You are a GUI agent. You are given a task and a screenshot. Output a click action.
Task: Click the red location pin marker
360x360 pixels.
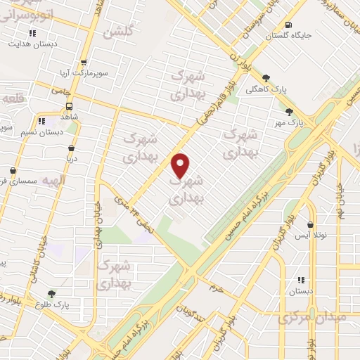pyautogui.click(x=181, y=165)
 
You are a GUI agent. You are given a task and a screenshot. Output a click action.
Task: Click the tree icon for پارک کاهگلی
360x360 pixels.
pyautogui.click(x=266, y=78)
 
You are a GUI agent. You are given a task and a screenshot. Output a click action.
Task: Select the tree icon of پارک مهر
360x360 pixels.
pyautogui.click(x=288, y=111)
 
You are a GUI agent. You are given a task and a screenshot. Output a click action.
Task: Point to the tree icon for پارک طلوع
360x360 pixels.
pyautogui.click(x=51, y=294)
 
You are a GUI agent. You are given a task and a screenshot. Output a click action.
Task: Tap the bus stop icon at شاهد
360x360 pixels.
pyautogui.click(x=69, y=106)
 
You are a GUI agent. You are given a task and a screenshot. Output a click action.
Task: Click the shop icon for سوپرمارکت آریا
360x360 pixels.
pyautogui.click(x=84, y=63)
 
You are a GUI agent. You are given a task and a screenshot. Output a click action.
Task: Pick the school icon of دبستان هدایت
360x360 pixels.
pyautogui.click(x=32, y=33)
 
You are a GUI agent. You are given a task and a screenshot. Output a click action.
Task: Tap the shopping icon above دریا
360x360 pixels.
pyautogui.click(x=71, y=148)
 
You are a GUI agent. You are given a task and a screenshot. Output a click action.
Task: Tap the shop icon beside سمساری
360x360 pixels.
pyautogui.click(x=13, y=171)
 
